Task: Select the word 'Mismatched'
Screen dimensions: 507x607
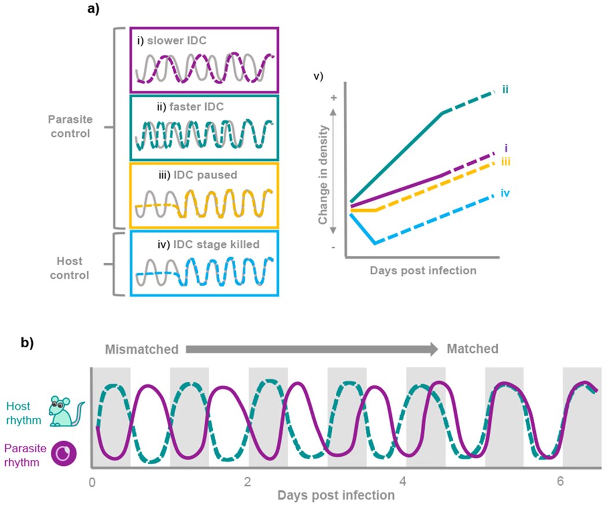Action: pyautogui.click(x=141, y=349)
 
